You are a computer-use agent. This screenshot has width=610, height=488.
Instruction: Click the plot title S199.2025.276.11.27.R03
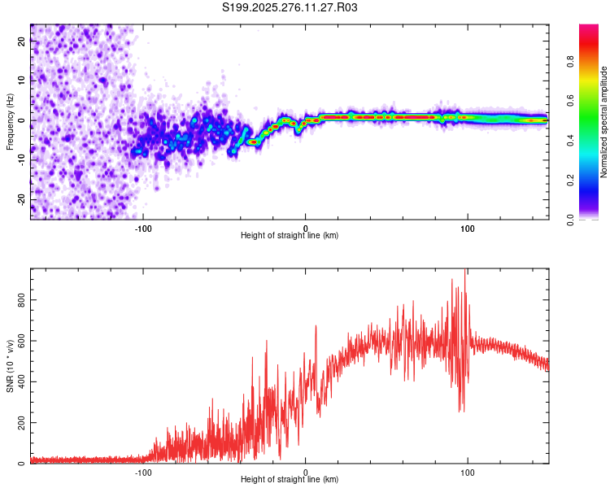coord(290,7)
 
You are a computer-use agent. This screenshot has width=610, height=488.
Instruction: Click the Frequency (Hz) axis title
coord(10,122)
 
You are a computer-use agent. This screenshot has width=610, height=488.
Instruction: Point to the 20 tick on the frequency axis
coord(22,41)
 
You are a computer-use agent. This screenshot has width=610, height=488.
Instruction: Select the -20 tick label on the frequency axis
coord(22,200)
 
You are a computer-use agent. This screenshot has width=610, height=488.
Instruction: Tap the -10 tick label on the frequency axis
coord(22,160)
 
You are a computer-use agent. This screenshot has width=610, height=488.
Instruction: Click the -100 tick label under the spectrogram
coord(143,229)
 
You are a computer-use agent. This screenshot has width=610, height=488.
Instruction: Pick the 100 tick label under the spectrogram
coord(467,229)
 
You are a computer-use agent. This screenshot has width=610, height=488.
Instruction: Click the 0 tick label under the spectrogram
coord(305,229)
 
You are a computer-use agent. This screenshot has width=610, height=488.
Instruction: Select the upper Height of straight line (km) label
coord(290,235)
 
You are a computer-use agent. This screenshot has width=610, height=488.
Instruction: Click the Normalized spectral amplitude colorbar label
coord(603,122)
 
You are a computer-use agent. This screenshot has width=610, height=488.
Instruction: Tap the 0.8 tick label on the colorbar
coord(570,62)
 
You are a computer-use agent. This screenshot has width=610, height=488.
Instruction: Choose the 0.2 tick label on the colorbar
coord(570,181)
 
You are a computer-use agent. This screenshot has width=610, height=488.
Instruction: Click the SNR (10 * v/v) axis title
coord(10,366)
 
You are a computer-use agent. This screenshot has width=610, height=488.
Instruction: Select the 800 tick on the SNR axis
coord(22,300)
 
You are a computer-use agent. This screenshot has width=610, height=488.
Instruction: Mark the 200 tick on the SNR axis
coord(22,423)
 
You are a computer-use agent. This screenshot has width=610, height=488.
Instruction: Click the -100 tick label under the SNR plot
coord(143,473)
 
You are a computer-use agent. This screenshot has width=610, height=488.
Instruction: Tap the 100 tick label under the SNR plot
coord(467,473)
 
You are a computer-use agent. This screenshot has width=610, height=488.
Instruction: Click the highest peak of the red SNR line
coord(465,269)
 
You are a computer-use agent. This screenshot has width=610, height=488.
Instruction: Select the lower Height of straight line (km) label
coord(290,479)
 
